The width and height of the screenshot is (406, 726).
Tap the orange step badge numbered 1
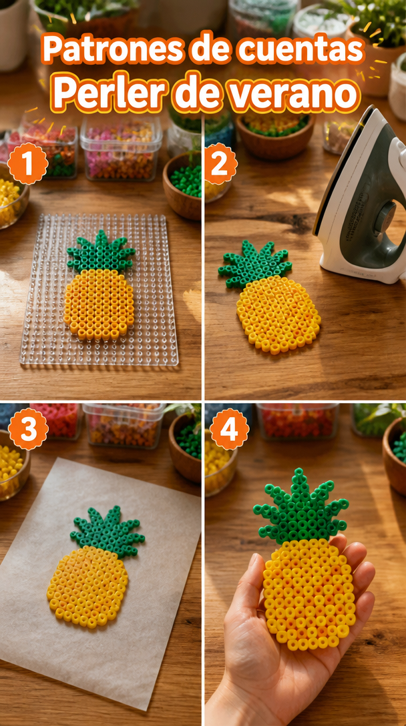(x=28, y=163)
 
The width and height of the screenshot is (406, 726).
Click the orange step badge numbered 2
(x=221, y=163)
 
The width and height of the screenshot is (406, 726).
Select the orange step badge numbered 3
(x=28, y=429)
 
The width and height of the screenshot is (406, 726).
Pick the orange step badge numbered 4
(x=230, y=429)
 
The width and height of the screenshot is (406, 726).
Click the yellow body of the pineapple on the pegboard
(x=99, y=304)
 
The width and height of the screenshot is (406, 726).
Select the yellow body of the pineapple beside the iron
(x=278, y=314)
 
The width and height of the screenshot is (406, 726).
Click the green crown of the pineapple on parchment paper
(x=108, y=531)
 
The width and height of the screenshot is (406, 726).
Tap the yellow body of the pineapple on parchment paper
(x=87, y=586)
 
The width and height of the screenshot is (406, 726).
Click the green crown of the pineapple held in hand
(x=301, y=508)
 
